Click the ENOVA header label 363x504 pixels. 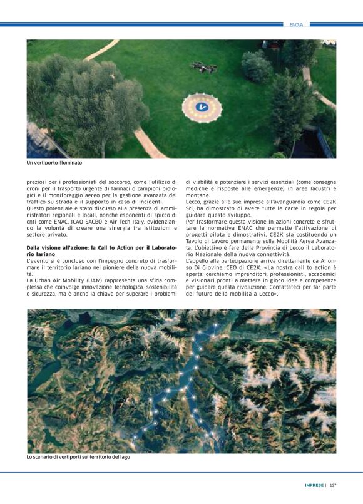(297, 25)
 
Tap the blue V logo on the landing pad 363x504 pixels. (202, 107)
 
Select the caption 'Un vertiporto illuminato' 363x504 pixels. (54, 163)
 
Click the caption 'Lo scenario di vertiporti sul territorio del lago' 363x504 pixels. (78, 457)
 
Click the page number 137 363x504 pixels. (334, 485)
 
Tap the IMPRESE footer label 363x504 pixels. (314, 485)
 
